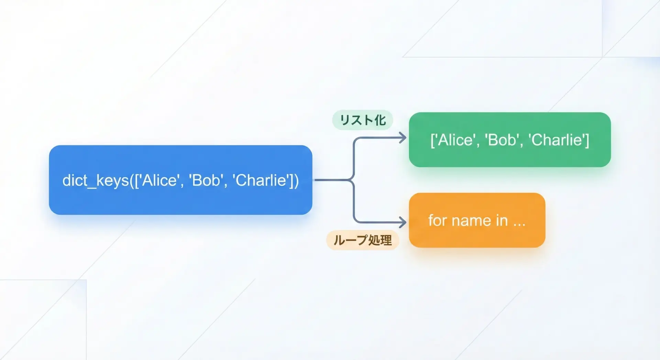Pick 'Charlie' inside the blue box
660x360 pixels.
coord(261,180)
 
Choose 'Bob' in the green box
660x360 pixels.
coord(502,140)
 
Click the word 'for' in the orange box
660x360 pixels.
coord(437,220)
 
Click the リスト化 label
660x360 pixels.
coord(363,120)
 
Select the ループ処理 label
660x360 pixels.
coord(363,240)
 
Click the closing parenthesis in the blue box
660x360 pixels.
coord(296,181)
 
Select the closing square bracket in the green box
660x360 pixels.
coord(587,140)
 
